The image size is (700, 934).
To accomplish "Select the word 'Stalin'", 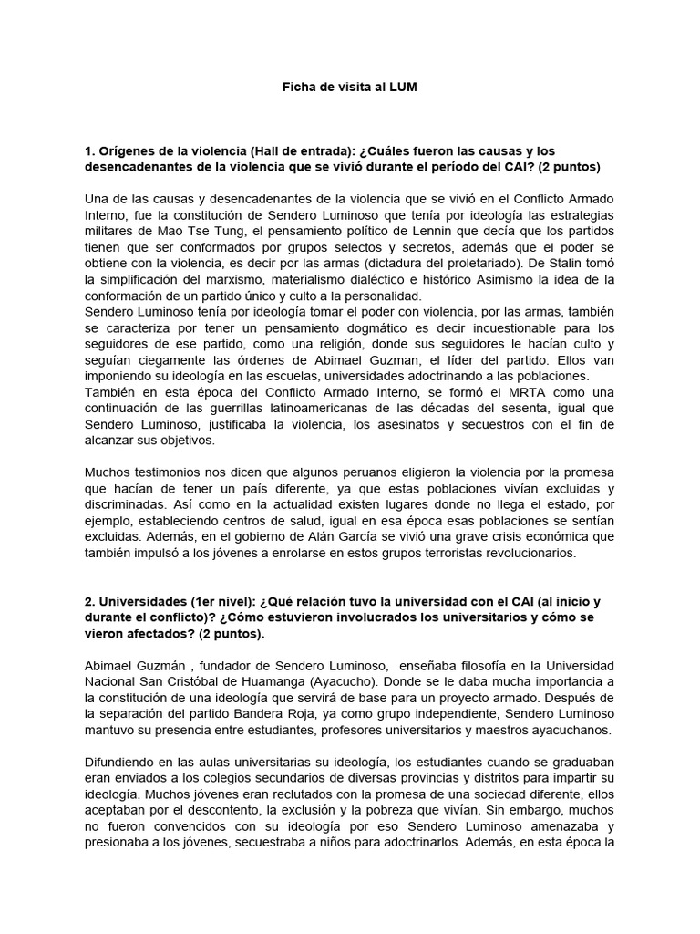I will (595, 264).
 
